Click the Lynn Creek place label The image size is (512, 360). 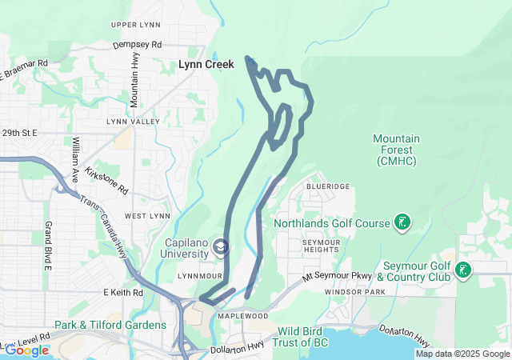(x=206, y=64)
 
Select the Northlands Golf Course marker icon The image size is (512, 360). (x=403, y=222)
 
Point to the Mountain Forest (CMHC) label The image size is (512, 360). (x=394, y=150)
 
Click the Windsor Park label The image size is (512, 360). (x=350, y=293)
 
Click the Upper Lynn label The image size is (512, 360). (x=136, y=26)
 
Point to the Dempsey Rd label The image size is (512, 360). (x=137, y=45)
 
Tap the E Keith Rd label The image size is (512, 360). (x=122, y=293)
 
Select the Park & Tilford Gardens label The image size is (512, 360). (x=110, y=325)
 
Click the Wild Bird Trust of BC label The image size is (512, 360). (x=316, y=337)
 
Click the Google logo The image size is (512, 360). (x=26, y=350)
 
